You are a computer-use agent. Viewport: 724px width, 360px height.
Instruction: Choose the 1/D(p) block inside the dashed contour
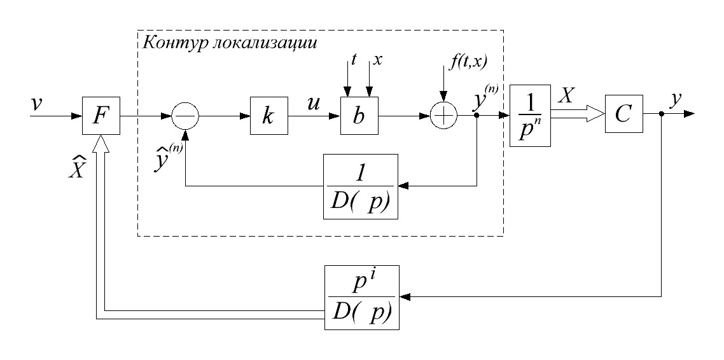point(361,186)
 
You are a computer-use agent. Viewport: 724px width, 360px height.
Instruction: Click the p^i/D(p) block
point(360,298)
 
